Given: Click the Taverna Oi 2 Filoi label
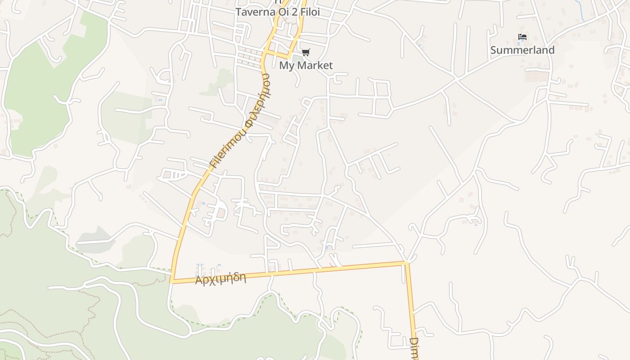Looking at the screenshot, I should click(x=278, y=12).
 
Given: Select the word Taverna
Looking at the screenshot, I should click(x=252, y=12).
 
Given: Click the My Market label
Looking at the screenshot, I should click(x=306, y=65).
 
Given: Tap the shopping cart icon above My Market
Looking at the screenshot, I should click(x=306, y=53).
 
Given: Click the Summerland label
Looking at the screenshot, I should click(x=522, y=50).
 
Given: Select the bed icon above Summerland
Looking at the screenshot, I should click(x=522, y=37).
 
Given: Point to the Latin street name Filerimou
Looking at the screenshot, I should click(x=227, y=149).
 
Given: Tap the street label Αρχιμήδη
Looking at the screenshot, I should click(x=220, y=279).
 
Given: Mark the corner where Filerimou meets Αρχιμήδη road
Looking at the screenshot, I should click(x=171, y=282).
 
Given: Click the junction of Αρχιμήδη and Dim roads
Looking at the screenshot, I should click(x=406, y=263).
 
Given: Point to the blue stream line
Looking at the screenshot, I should click(x=580, y=11).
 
